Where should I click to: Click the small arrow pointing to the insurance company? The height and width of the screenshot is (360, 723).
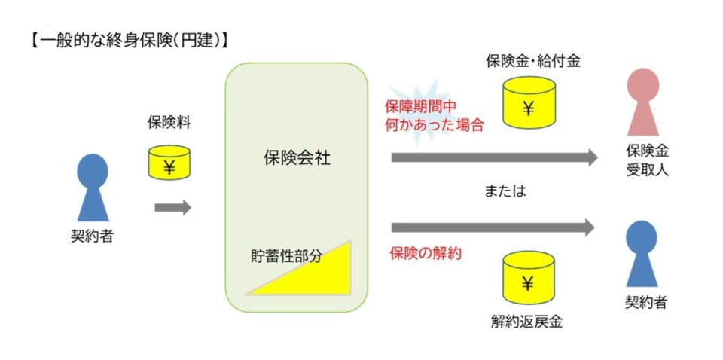[172, 207]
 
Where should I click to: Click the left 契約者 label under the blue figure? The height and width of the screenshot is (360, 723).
[92, 235]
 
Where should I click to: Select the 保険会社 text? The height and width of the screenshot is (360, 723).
[297, 158]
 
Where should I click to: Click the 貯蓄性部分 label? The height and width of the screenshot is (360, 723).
[286, 255]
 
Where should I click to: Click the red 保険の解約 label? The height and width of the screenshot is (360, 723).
[426, 253]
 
